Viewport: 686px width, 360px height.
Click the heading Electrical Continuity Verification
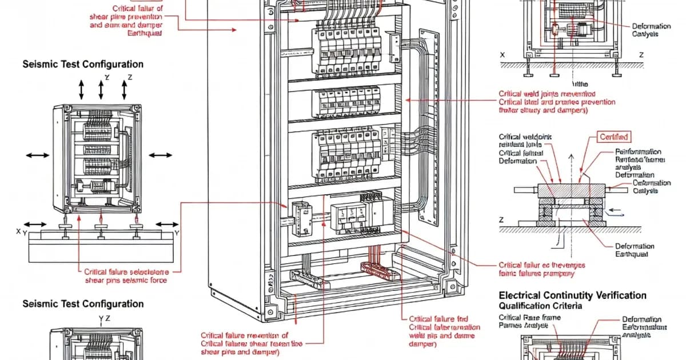[572, 295]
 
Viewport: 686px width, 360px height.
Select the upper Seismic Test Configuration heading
[83, 65]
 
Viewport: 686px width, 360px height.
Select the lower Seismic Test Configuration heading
[83, 304]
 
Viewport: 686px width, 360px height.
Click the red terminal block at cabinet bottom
[378, 269]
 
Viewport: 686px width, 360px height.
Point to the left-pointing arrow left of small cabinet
[35, 155]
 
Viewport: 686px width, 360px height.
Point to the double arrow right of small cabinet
[160, 155]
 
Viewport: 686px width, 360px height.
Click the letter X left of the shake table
[19, 232]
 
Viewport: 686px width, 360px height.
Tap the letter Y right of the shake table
[177, 233]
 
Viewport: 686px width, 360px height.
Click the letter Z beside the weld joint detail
[501, 219]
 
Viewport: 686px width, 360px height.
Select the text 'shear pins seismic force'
[125, 281]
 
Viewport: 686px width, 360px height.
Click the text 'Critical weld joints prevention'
[547, 93]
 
